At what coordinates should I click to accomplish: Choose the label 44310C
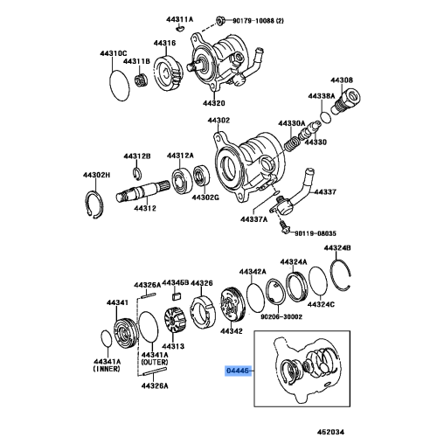(x=117, y=52)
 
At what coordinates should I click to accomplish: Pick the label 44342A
(x=253, y=272)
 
